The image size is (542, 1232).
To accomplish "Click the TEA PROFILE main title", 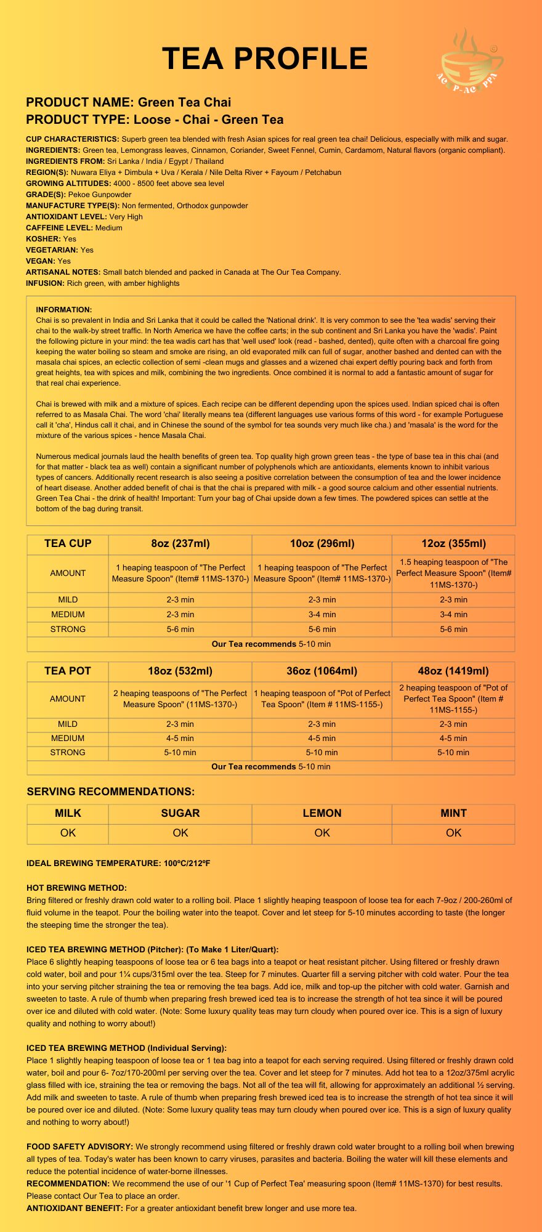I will click(x=265, y=59).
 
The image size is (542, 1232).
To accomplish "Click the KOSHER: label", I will click(x=43, y=239).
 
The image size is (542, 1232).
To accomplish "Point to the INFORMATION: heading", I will click(x=64, y=310).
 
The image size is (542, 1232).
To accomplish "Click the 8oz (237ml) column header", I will click(x=180, y=543).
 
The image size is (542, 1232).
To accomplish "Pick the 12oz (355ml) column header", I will click(x=453, y=543).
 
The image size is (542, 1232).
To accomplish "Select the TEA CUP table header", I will click(x=68, y=543).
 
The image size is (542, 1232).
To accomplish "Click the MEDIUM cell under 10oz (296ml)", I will click(x=322, y=614).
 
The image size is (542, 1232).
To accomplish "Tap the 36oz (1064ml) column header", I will click(x=322, y=671).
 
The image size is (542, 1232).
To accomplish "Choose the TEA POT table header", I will click(x=68, y=671).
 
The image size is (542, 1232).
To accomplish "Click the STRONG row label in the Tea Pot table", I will click(x=68, y=752).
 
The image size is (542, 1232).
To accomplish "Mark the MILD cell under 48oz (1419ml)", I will click(x=453, y=724).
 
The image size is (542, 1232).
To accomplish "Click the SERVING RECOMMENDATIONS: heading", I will click(x=111, y=792).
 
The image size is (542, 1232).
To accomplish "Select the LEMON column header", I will click(x=322, y=813).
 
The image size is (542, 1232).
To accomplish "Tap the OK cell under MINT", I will click(x=453, y=833).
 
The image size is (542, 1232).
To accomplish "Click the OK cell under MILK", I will click(x=68, y=833).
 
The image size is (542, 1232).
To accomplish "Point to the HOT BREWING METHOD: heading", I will click(x=76, y=888).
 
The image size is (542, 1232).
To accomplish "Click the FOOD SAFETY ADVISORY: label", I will click(x=79, y=1146).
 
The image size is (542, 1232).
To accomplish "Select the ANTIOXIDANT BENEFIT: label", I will click(x=75, y=1208).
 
